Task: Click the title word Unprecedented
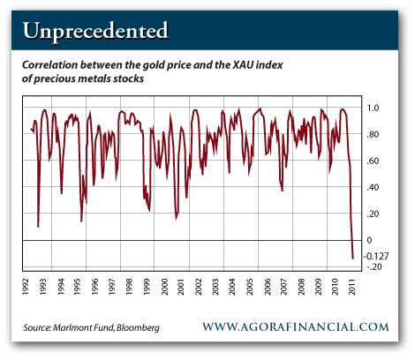[95, 31]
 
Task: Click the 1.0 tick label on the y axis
[373, 108]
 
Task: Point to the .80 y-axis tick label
[373, 134]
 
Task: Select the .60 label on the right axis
[373, 161]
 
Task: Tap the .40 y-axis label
[373, 187]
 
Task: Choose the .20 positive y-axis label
[373, 214]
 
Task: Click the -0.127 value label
[376, 256]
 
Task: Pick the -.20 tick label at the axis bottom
[373, 266]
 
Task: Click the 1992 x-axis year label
[26, 287]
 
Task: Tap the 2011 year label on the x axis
[352, 287]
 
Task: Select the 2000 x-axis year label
[164, 287]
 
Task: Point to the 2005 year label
[250, 287]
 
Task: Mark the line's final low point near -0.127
[353, 259]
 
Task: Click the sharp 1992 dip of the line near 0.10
[38, 227]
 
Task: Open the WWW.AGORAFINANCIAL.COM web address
[296, 326]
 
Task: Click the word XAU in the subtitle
[243, 64]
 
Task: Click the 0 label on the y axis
[369, 240]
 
